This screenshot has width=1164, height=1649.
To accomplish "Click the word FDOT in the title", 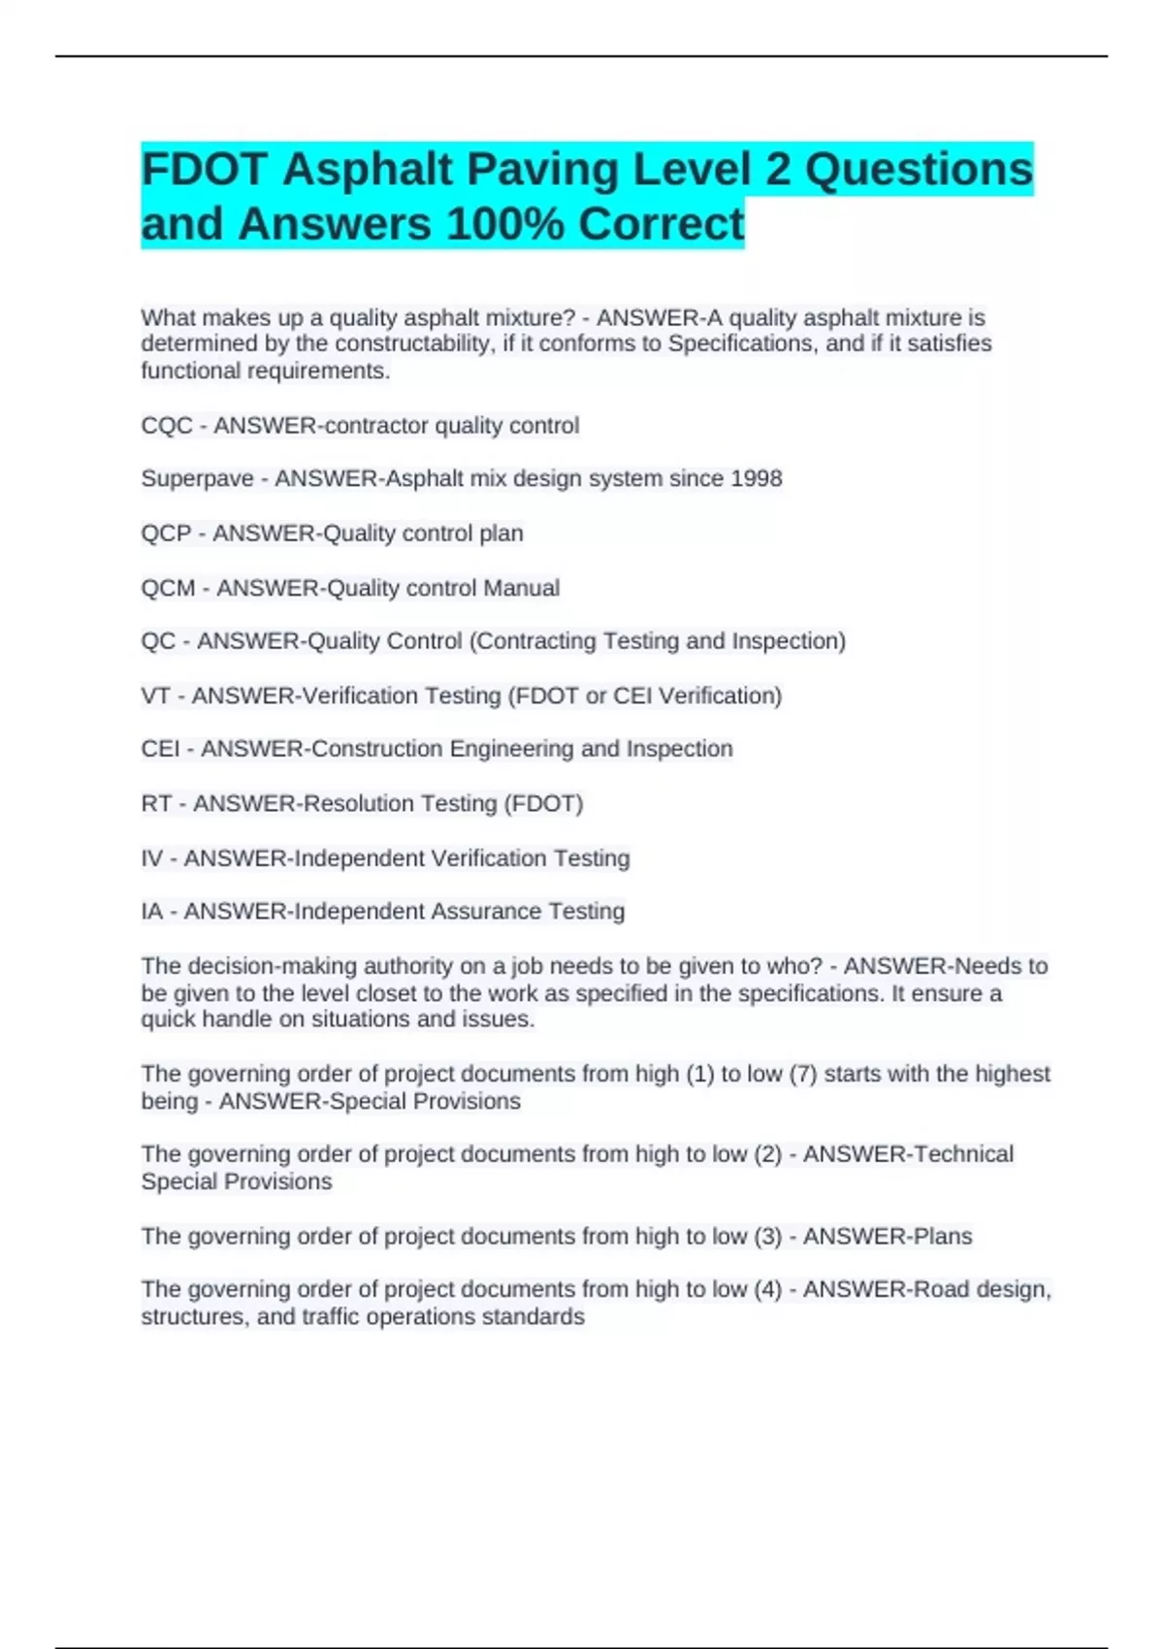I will coord(204,170).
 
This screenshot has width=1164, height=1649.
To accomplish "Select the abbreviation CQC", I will coord(167,426).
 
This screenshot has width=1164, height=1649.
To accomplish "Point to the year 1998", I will coord(757,479).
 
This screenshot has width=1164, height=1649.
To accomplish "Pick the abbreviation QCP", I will coord(166,533).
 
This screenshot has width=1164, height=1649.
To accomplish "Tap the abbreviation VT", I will coord(155,696).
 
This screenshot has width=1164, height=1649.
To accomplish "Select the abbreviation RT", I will coord(156,804).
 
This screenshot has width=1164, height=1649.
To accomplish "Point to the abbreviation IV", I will coord(151,858).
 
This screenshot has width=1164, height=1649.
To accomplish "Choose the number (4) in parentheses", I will coord(767,1290).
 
